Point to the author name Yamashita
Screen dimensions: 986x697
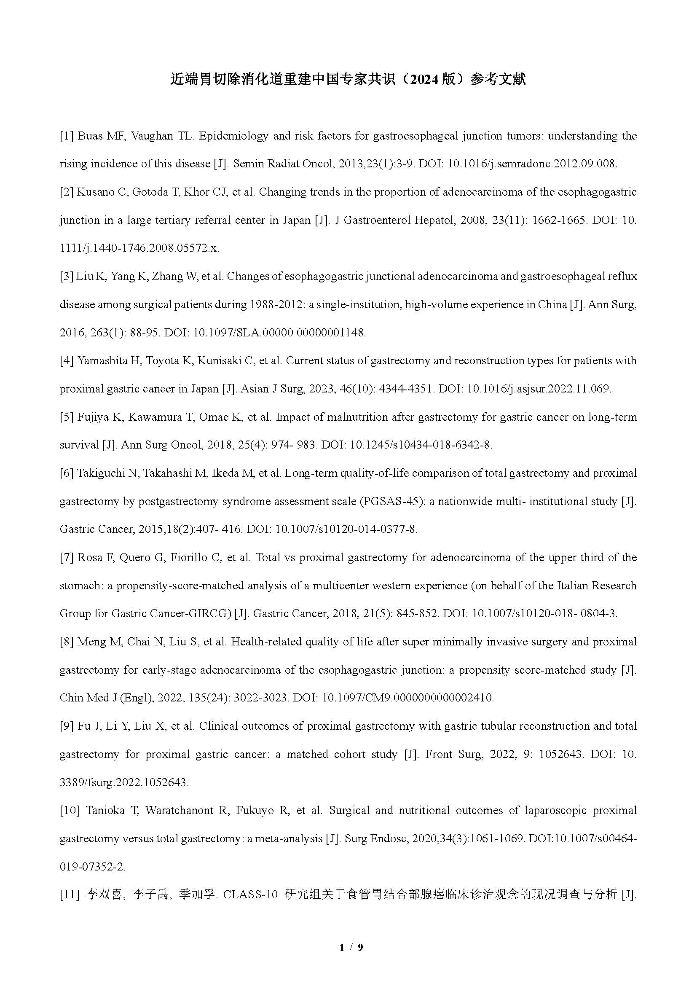[102, 361]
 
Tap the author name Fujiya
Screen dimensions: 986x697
[92, 417]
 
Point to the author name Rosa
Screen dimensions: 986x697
[88, 557]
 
